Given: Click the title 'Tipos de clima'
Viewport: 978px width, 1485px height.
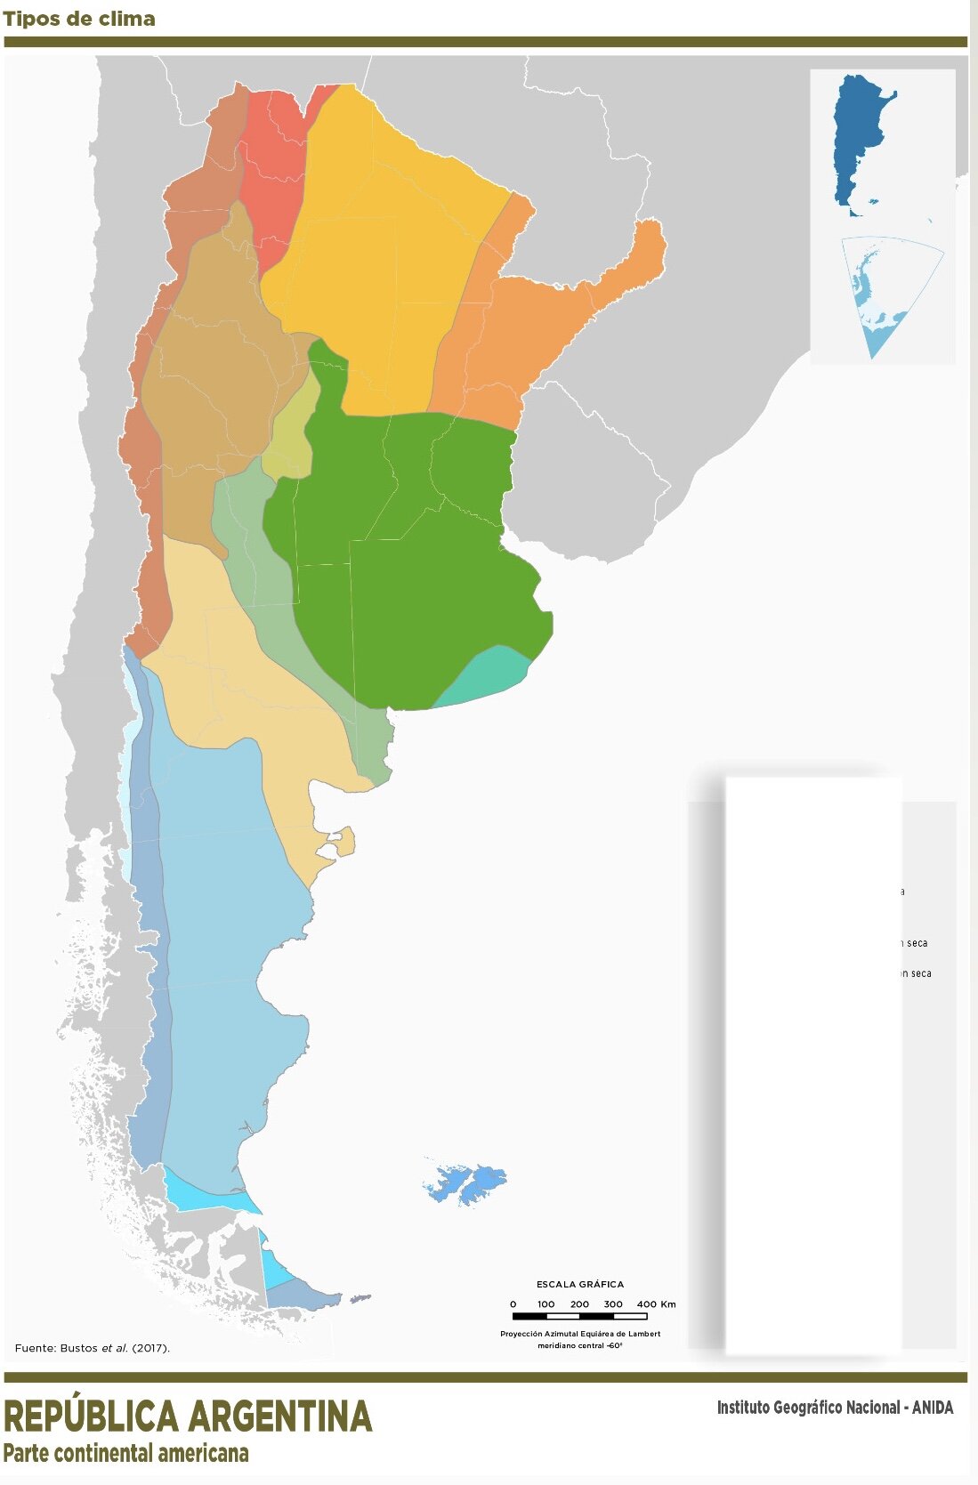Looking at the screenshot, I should pyautogui.click(x=79, y=19).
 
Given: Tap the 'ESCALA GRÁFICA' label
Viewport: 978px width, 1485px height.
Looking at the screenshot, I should pyautogui.click(x=579, y=1284).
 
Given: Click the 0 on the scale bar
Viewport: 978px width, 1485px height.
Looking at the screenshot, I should pyautogui.click(x=513, y=1304).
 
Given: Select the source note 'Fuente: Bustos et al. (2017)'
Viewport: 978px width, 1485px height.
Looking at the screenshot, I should pyautogui.click(x=92, y=1348).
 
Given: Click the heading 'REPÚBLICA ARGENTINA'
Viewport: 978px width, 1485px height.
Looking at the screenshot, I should pyautogui.click(x=188, y=1416).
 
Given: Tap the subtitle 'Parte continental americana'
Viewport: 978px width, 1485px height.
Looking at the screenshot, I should pyautogui.click(x=126, y=1454).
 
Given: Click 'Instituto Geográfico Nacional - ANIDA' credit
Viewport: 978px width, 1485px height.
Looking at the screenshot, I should pyautogui.click(x=835, y=1408).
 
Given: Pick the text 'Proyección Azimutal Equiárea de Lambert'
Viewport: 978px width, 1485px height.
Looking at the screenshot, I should pyautogui.click(x=580, y=1334).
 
